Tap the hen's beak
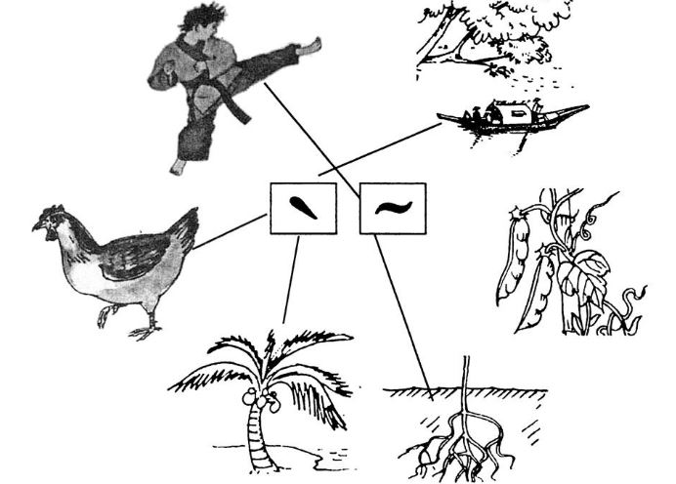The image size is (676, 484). pyautogui.click(x=36, y=226)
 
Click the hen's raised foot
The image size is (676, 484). pyautogui.click(x=104, y=315)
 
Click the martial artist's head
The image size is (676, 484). pyautogui.click(x=202, y=21)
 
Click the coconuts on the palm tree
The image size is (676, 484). pyautogui.click(x=261, y=399)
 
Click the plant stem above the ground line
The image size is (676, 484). pyautogui.click(x=466, y=373)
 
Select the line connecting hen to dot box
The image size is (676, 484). pyautogui.click(x=229, y=231)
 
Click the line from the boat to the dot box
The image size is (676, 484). pyautogui.click(x=380, y=149)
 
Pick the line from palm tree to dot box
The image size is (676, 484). pyautogui.click(x=291, y=279)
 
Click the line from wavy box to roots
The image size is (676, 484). pyautogui.click(x=403, y=318)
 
